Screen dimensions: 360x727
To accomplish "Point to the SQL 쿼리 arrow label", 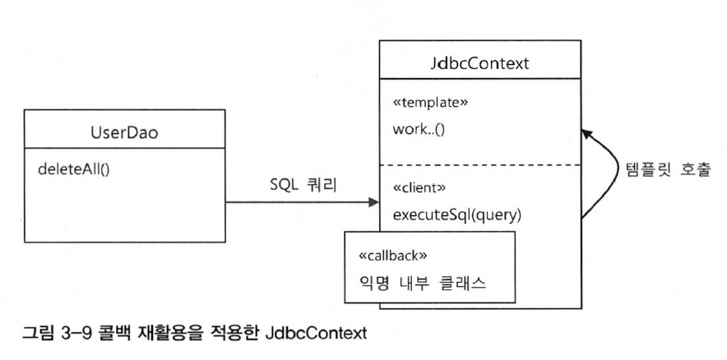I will (x=298, y=187).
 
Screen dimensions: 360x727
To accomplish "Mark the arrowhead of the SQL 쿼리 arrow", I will (x=376, y=201).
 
